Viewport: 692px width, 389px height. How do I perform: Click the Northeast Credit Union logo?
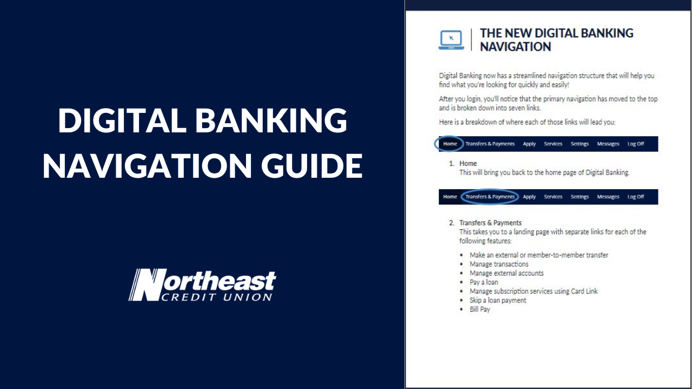click(x=202, y=285)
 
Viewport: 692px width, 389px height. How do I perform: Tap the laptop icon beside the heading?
click(x=451, y=40)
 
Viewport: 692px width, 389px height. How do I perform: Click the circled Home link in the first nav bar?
click(x=450, y=144)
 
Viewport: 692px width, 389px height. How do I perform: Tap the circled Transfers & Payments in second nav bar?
click(x=490, y=197)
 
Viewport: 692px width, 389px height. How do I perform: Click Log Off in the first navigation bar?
click(x=636, y=144)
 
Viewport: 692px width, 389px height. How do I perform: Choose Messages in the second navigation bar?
click(x=608, y=197)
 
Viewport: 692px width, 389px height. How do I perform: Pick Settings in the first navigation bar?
click(x=580, y=144)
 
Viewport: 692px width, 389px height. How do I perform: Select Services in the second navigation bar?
click(x=553, y=197)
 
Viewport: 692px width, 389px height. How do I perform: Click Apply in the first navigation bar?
click(x=529, y=144)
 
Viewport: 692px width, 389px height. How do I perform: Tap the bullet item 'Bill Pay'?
click(x=480, y=310)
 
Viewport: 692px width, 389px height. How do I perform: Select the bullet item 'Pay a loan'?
click(x=484, y=282)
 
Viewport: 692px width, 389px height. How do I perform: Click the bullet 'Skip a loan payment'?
click(x=498, y=300)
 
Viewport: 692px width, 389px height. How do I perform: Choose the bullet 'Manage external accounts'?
click(x=507, y=273)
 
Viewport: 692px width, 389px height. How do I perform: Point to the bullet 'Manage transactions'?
click(x=499, y=264)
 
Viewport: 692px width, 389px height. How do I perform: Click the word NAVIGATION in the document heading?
click(x=515, y=47)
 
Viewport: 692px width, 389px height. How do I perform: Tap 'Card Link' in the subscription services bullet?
click(x=584, y=291)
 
